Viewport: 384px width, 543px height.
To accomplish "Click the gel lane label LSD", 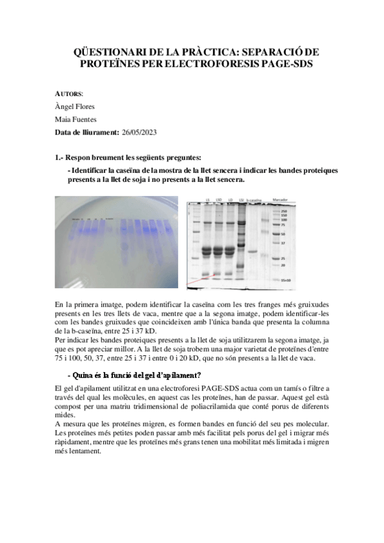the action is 219,199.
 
